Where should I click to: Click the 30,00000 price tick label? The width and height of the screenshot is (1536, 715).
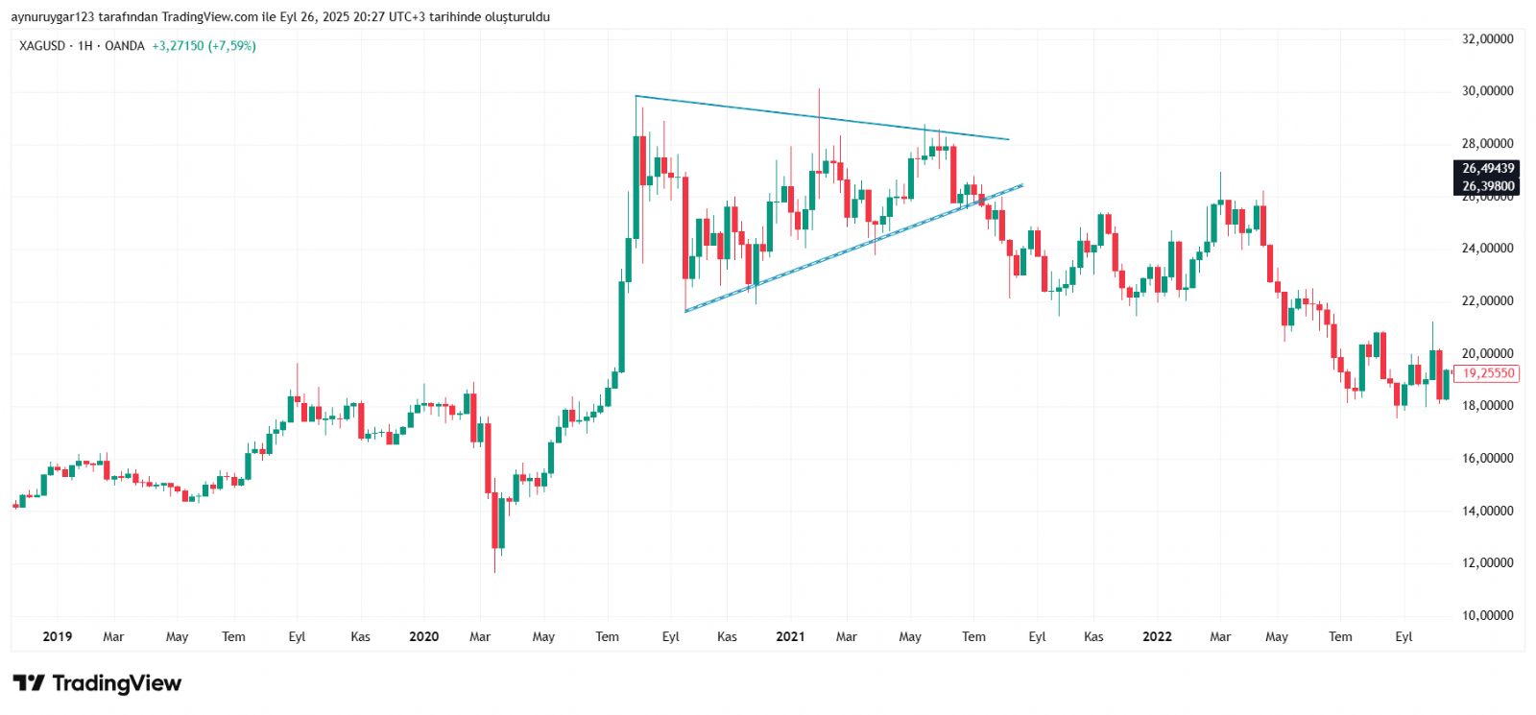(1487, 91)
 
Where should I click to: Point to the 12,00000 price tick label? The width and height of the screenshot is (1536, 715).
(1487, 563)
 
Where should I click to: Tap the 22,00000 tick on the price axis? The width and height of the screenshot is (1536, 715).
(1487, 301)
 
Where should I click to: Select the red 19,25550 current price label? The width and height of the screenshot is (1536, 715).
(1487, 373)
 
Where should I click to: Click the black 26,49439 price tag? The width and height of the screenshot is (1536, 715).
(1487, 169)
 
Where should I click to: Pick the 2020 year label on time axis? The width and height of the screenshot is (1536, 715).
(423, 636)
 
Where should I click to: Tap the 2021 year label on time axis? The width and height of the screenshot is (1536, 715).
(790, 636)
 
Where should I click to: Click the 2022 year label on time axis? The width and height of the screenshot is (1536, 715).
(1157, 636)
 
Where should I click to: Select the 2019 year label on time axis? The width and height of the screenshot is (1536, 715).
(58, 636)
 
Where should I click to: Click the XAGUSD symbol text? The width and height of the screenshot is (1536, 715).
(42, 46)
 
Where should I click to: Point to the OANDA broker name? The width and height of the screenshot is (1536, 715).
(124, 46)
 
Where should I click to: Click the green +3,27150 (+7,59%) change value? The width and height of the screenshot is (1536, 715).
(204, 46)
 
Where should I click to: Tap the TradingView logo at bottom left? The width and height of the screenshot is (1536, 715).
(97, 683)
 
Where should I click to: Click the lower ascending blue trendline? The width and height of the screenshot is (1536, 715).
(845, 247)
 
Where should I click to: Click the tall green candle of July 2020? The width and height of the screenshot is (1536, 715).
(622, 326)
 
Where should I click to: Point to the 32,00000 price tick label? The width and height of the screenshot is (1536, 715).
(1487, 39)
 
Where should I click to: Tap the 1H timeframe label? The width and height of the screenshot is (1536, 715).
(85, 46)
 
